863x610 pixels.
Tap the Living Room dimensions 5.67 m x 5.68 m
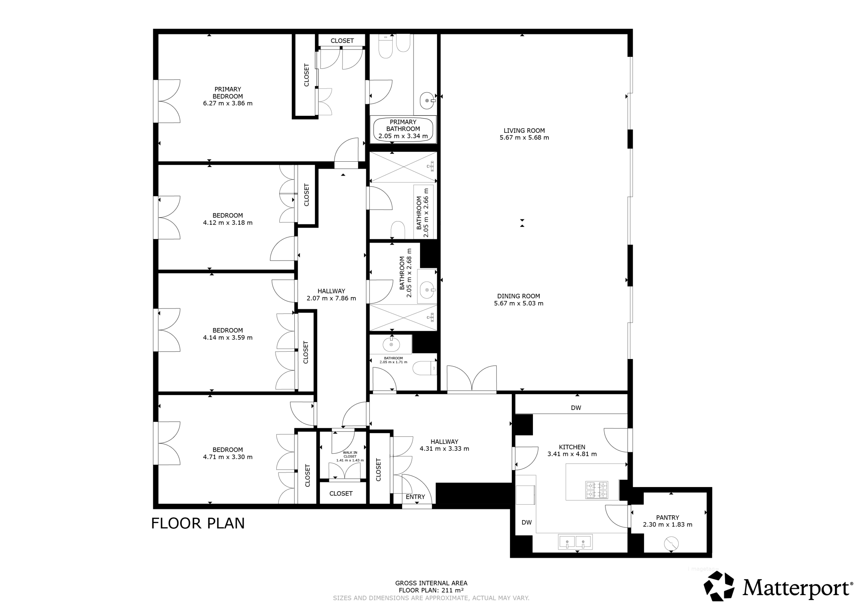pos(524,138)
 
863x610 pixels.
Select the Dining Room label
pos(519,296)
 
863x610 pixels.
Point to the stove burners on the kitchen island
pos(596,490)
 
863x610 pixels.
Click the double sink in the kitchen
pos(575,542)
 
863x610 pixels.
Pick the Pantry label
pos(667,518)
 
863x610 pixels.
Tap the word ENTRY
pos(415,497)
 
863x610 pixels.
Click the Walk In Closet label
pos(350,454)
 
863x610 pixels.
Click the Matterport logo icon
pos(719,586)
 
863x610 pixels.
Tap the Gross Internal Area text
pos(431,583)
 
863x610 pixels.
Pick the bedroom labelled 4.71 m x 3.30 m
pos(228,453)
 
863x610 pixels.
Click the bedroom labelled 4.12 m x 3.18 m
pos(228,219)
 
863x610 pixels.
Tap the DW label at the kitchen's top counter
pos(576,408)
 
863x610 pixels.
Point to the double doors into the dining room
pos(472,379)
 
